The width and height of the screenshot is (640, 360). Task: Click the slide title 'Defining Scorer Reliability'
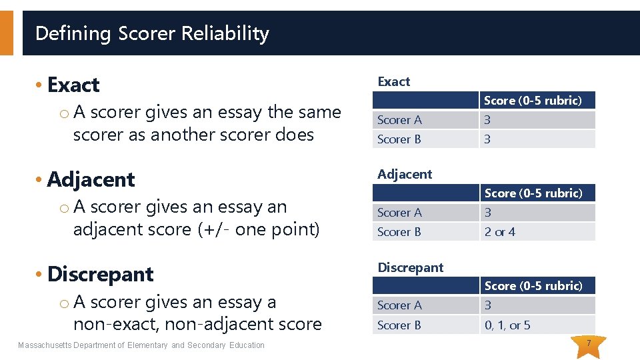(152, 33)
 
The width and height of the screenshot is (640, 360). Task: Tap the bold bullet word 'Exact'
(73, 85)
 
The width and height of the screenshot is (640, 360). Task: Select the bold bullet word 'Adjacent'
(91, 179)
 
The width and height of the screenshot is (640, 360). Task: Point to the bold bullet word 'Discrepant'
(100, 274)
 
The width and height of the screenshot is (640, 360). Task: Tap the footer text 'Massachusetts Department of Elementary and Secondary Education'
(141, 345)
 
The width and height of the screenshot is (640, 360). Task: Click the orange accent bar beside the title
(6, 33)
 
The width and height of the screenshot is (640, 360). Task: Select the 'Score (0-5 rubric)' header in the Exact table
(533, 101)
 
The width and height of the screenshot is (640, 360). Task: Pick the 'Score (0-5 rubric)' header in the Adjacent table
(533, 193)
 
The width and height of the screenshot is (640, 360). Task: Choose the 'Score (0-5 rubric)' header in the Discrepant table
(533, 286)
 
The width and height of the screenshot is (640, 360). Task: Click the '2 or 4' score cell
(500, 232)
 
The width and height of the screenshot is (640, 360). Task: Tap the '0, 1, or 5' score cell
(507, 325)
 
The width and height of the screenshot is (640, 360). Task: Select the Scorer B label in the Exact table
(399, 139)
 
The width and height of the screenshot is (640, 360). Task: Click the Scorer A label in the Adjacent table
(399, 213)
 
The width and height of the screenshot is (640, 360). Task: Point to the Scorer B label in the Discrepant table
(399, 325)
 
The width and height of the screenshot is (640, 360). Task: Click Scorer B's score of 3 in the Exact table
(487, 139)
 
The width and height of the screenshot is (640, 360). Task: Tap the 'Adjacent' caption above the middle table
(405, 174)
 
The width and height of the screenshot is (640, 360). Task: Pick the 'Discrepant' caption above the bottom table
(410, 267)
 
